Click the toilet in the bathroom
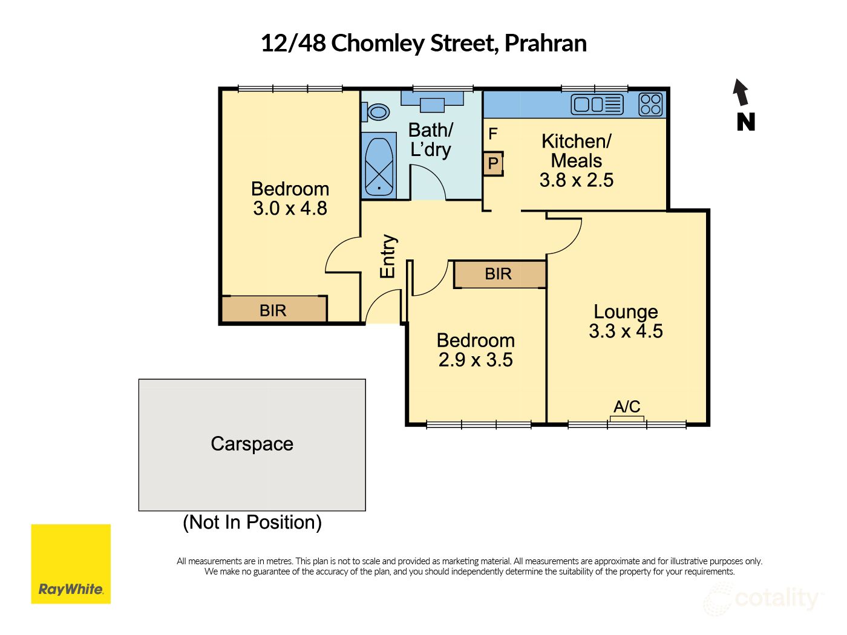(x=377, y=112)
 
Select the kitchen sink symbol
(x=597, y=105)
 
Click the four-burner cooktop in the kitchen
(x=650, y=104)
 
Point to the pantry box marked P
(x=493, y=163)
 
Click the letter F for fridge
(x=493, y=134)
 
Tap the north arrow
(x=741, y=93)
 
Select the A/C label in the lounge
(x=627, y=406)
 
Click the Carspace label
(x=252, y=444)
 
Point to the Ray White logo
(x=71, y=564)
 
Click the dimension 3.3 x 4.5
(x=626, y=331)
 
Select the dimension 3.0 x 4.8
(x=290, y=209)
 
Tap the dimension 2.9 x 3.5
(x=476, y=360)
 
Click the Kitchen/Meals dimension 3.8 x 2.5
(x=577, y=180)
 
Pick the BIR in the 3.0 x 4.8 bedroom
(x=273, y=310)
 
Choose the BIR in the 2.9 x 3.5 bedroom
(x=499, y=274)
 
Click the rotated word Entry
(x=387, y=256)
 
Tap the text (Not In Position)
(x=252, y=522)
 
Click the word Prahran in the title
(x=545, y=44)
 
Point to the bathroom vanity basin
(x=432, y=103)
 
